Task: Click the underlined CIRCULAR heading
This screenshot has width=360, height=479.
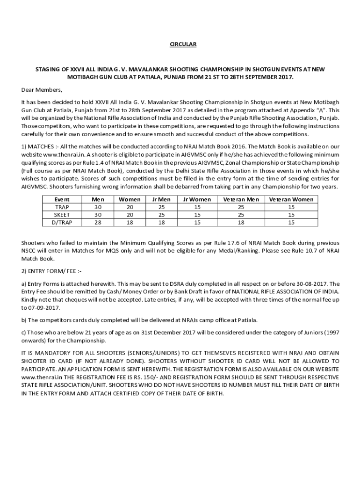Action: point(183,44)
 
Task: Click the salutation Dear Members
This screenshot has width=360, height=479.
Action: point(42,89)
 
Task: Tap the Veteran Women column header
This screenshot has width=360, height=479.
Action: point(291,199)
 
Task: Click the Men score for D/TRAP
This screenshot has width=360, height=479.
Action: point(98,223)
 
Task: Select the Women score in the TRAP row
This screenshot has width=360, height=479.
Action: point(130,207)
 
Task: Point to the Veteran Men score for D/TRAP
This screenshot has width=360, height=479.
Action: point(241,223)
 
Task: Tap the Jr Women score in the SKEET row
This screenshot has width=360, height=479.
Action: point(197,215)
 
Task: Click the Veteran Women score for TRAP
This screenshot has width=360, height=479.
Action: point(291,207)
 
